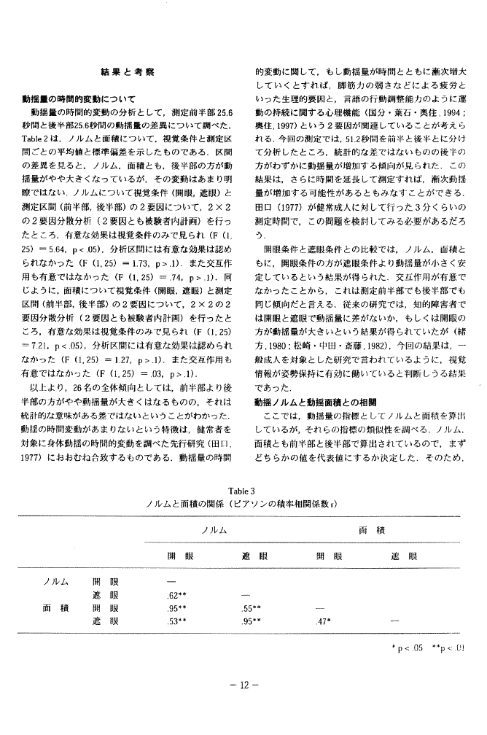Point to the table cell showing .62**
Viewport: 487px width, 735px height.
(x=176, y=596)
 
